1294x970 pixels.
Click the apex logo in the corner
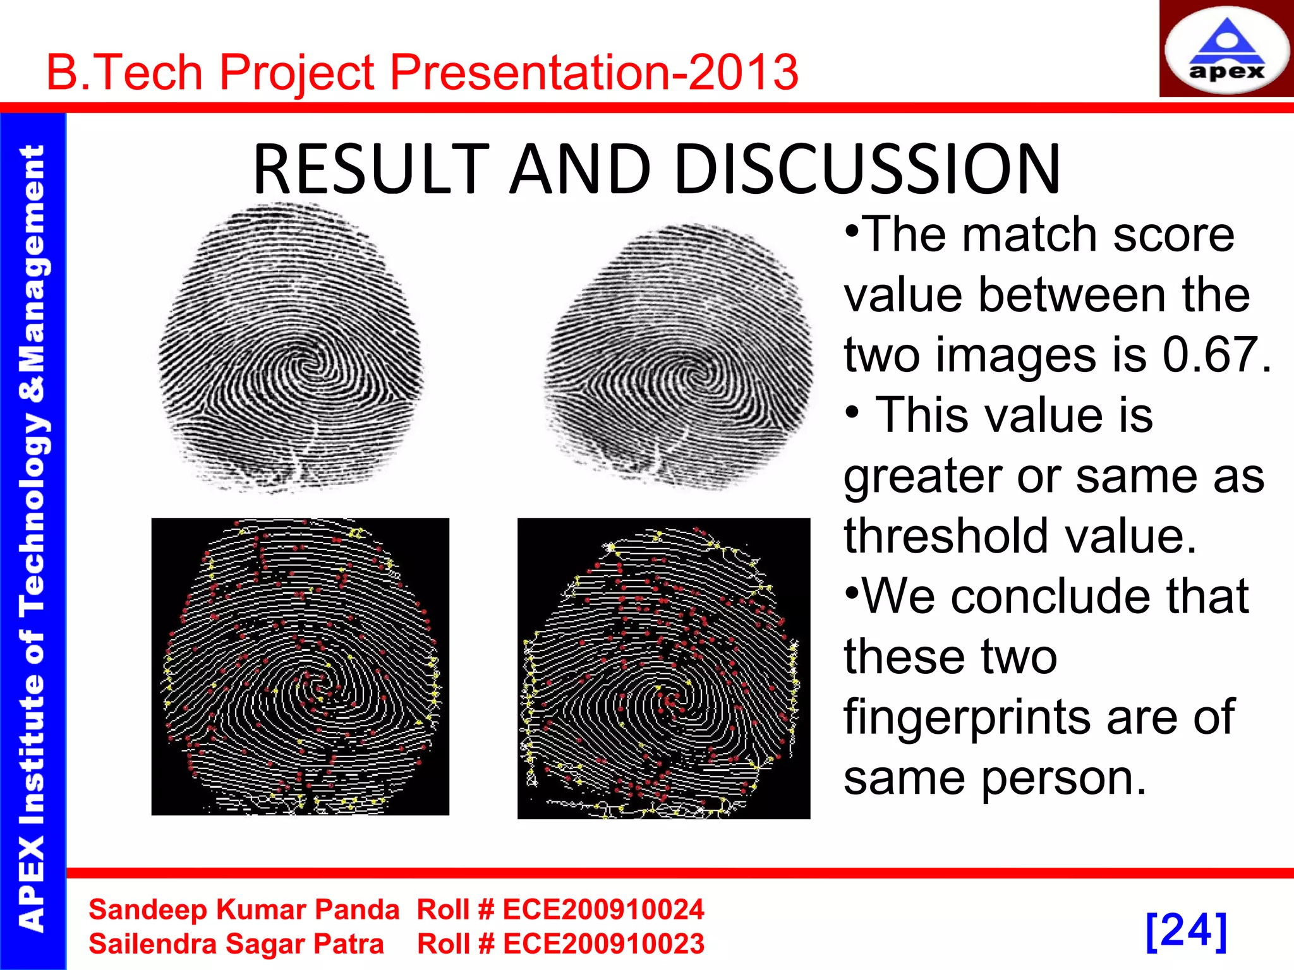point(1226,49)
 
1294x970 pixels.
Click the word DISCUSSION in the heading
point(867,169)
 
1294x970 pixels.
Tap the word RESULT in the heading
point(372,169)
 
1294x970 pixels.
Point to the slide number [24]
point(1186,930)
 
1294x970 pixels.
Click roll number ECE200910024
point(603,910)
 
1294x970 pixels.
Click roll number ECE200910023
point(603,944)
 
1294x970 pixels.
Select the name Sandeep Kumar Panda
point(244,910)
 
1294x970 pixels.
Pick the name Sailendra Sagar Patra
point(236,944)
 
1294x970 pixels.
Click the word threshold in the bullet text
point(946,536)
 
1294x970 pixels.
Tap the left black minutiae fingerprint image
point(300,666)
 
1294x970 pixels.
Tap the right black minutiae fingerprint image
point(663,668)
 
